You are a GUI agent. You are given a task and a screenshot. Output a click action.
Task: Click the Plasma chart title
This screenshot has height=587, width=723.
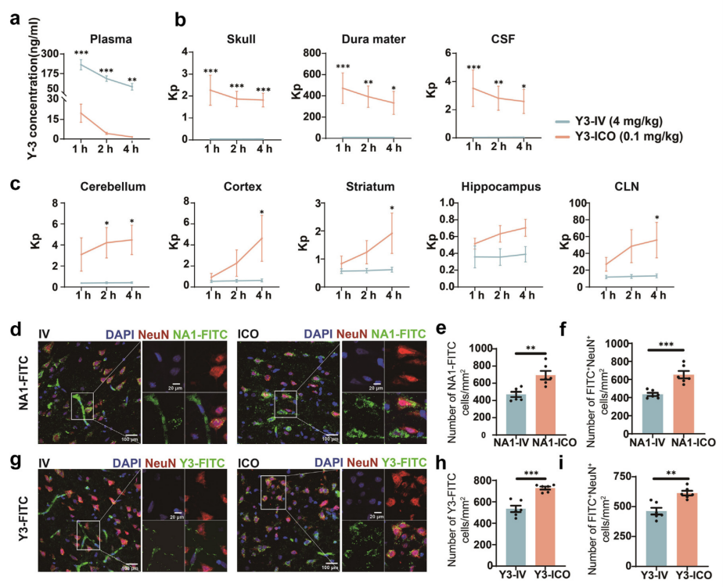(x=110, y=38)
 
